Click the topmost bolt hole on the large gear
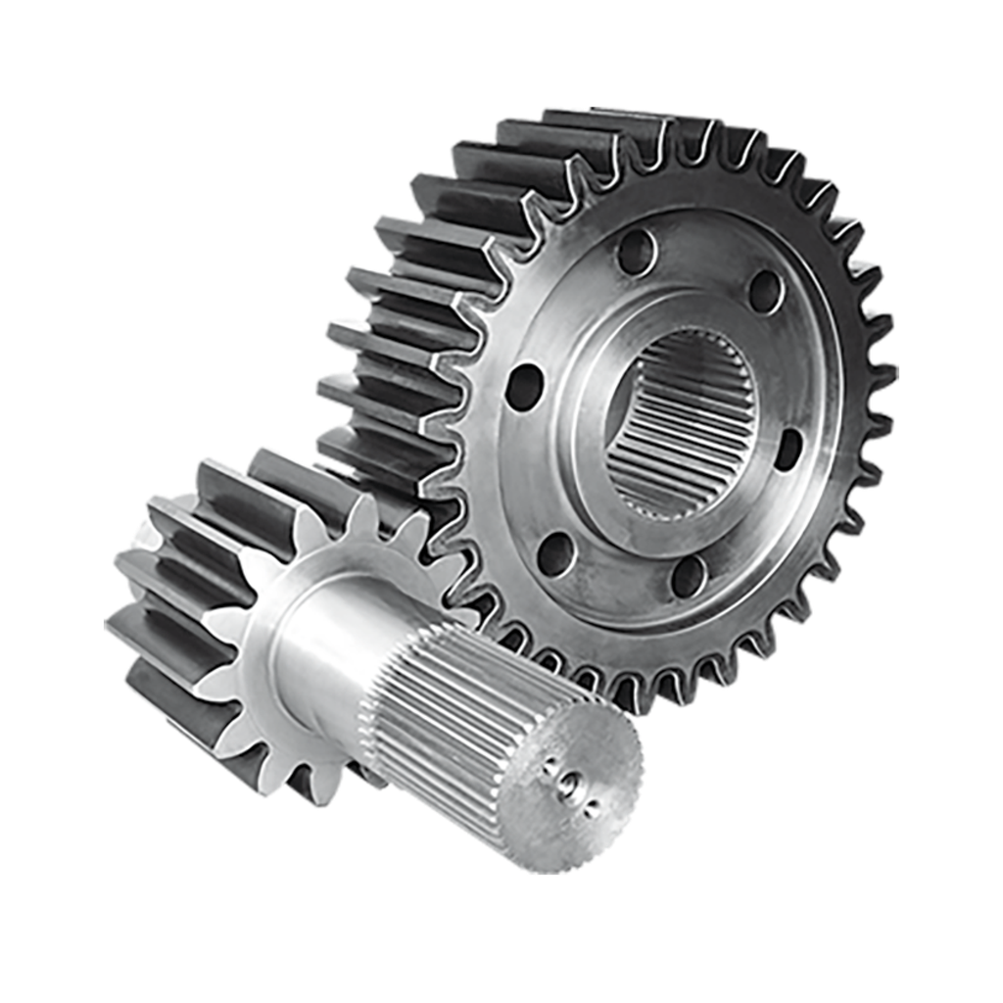pos(637,252)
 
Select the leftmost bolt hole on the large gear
pos(524,386)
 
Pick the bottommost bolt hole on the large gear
pos(690,575)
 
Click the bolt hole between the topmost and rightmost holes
pos(766,291)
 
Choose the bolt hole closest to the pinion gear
pos(555,553)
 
